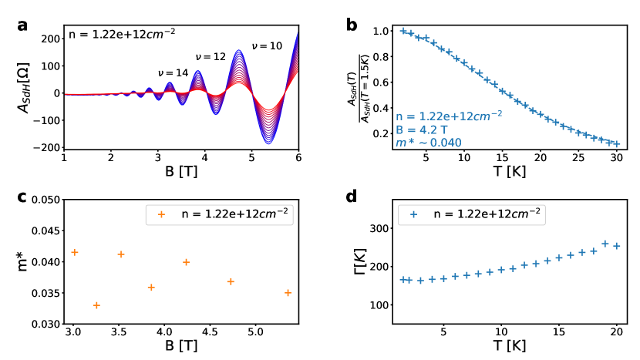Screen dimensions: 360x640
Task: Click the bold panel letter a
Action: [22, 24]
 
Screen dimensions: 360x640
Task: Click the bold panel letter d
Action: [352, 197]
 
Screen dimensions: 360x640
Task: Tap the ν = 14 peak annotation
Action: [173, 73]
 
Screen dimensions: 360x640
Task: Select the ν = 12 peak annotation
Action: [211, 58]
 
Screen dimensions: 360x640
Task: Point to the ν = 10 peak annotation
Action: [266, 46]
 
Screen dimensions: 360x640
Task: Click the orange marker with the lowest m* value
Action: [96, 305]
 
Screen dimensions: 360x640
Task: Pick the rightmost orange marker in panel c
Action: [288, 293]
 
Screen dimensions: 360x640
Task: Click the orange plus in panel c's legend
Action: [162, 214]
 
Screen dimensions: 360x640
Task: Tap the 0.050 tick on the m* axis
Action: [48, 200]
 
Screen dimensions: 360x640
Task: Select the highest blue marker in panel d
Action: [605, 244]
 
